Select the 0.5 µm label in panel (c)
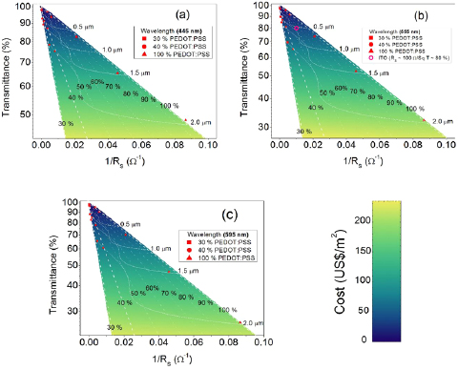(x=130, y=224)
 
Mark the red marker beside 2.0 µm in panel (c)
(x=240, y=323)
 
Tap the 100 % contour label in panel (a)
(x=168, y=105)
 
